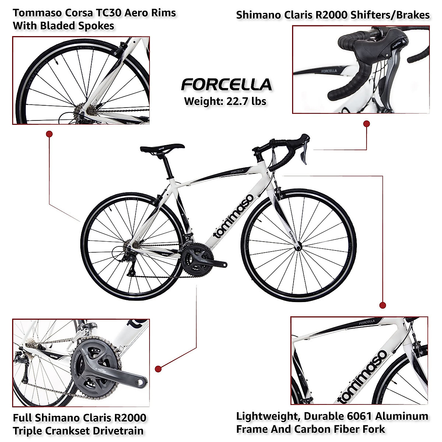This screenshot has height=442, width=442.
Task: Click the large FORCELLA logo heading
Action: click(x=226, y=85)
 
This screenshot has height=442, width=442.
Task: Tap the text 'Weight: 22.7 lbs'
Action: click(x=225, y=101)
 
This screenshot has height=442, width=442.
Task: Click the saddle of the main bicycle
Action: click(x=162, y=148)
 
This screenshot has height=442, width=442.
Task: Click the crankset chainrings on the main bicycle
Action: click(x=195, y=260)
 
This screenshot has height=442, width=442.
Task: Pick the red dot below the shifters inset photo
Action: click(x=366, y=124)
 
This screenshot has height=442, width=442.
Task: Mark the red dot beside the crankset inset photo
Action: click(x=158, y=369)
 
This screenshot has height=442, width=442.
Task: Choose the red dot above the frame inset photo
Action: click(x=383, y=305)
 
